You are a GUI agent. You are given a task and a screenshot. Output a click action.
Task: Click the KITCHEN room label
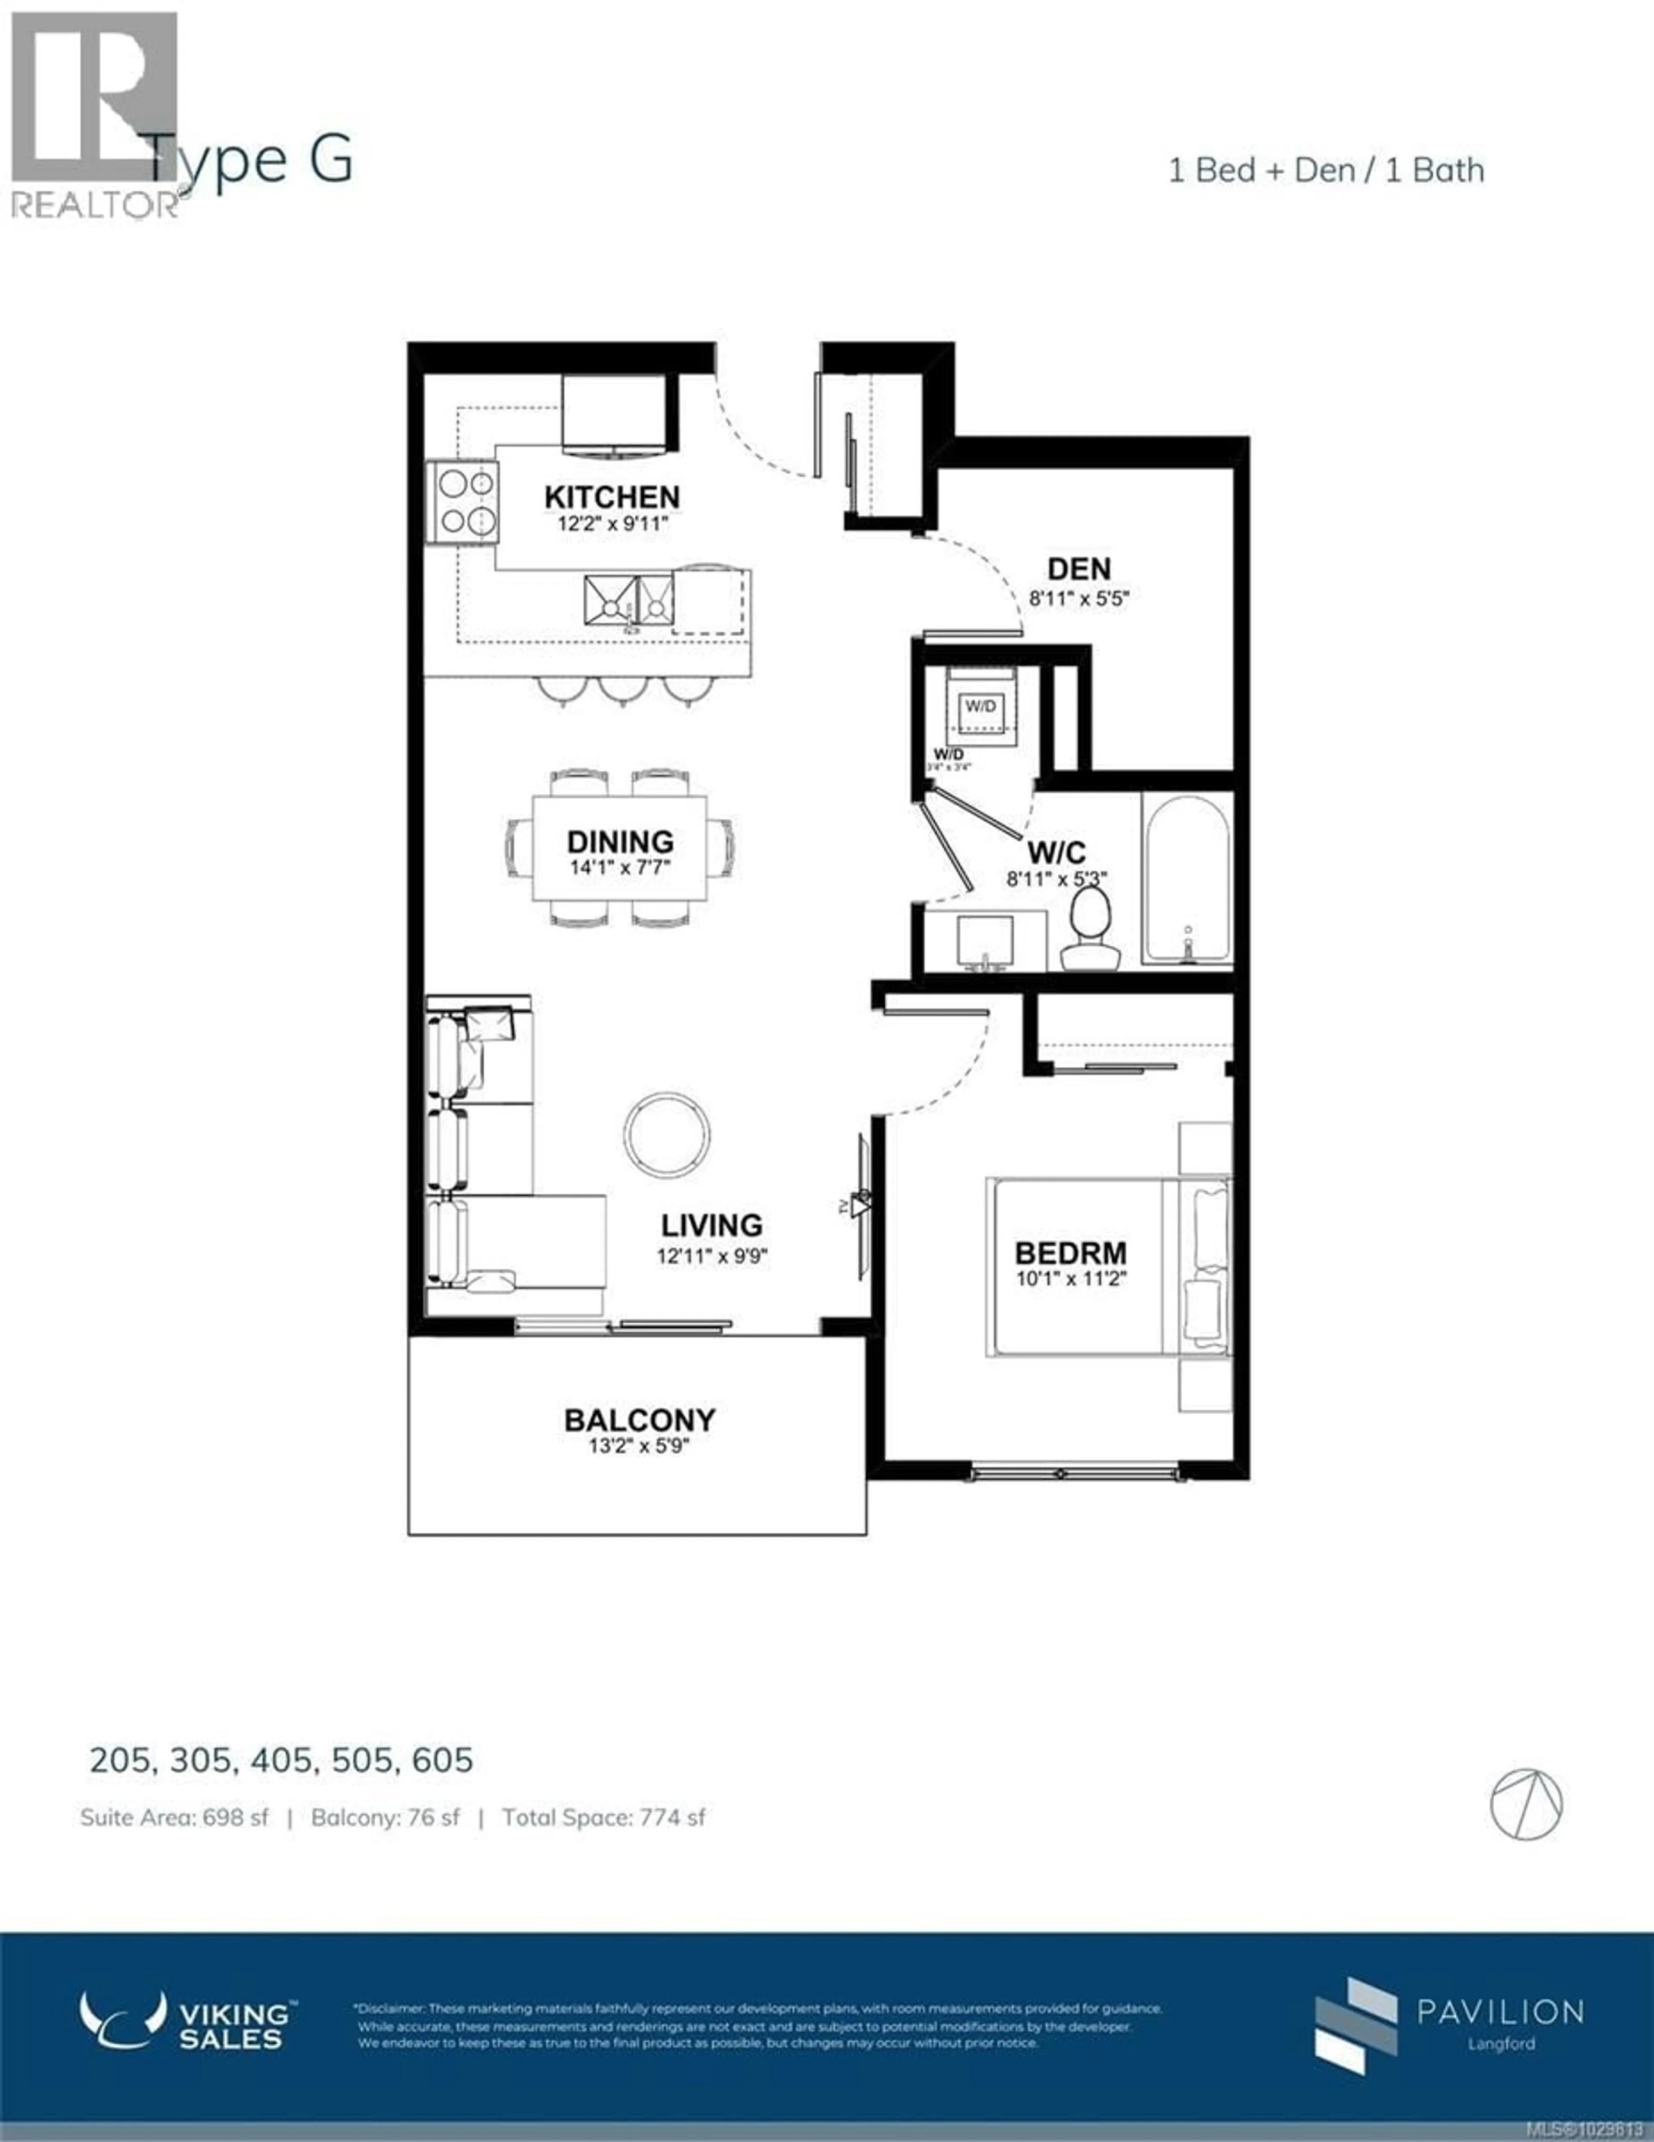click(x=612, y=497)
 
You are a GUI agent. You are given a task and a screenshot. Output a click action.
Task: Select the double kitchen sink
click(x=628, y=600)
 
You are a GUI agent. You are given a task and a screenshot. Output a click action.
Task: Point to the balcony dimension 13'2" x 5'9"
click(x=639, y=1446)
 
